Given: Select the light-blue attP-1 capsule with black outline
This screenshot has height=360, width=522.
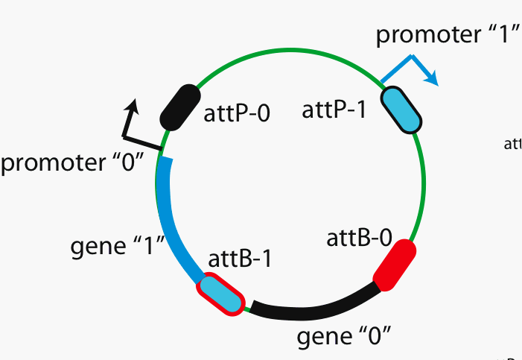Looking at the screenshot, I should coord(401,110).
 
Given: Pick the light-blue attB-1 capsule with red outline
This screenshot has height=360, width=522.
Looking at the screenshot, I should coord(220,294).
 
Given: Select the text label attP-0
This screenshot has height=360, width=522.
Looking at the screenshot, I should coord(237,113).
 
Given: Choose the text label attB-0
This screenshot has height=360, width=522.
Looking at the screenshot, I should coord(359,238).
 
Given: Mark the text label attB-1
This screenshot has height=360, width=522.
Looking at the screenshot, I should coord(240,259).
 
